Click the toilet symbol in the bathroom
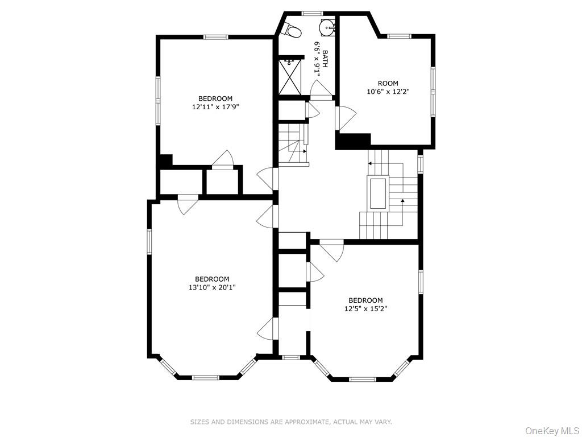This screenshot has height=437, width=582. [292, 29]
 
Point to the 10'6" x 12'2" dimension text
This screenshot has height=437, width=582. [388, 91]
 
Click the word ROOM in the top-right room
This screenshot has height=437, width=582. [388, 83]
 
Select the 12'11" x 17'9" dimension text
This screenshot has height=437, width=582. [215, 106]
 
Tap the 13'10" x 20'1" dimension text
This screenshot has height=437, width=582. [212, 287]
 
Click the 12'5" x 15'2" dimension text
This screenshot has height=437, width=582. [365, 308]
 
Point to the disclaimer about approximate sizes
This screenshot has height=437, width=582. [290, 422]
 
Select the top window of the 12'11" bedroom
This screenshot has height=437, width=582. [216, 38]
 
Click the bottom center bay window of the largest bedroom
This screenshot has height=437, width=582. [206, 377]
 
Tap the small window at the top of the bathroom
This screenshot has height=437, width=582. [311, 13]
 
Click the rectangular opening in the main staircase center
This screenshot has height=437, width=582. [378, 193]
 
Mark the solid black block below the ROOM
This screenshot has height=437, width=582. [354, 141]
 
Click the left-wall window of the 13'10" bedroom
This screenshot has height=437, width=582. [150, 240]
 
